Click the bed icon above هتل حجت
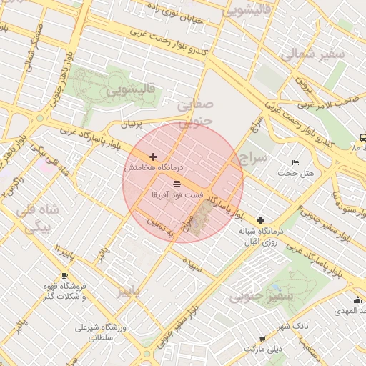click(x=297, y=164)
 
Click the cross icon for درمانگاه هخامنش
click(x=153, y=157)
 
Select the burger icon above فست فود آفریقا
click(x=177, y=184)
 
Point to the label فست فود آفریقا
click(x=177, y=194)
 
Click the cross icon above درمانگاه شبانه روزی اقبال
click(x=260, y=220)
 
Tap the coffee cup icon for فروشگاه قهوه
click(x=64, y=275)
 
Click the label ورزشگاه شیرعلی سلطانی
click(x=95, y=333)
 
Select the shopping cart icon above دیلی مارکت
click(x=262, y=338)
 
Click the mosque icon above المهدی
click(x=357, y=300)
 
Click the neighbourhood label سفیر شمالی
click(x=312, y=54)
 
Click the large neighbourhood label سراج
click(x=253, y=156)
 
